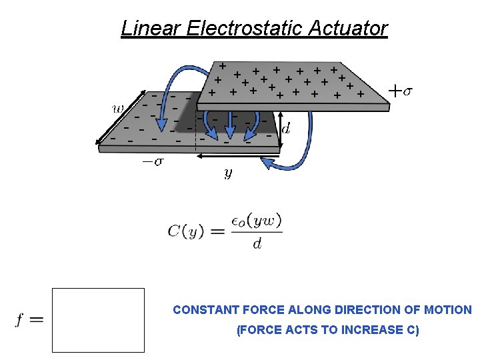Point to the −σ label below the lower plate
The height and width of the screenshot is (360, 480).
[155, 161]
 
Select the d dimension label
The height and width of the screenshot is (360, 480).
[286, 129]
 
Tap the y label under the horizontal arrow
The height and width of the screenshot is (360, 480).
[228, 173]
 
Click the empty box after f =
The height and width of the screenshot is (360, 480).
[98, 320]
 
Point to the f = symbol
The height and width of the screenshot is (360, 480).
[29, 320]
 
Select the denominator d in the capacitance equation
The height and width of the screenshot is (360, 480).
[257, 243]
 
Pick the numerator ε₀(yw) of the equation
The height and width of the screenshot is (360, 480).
[257, 220]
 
